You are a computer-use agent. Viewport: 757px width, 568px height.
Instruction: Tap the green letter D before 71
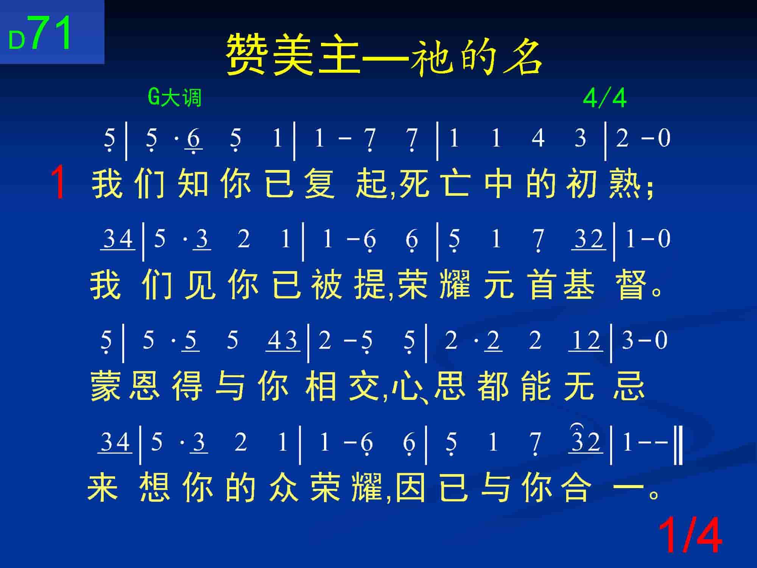[17, 40]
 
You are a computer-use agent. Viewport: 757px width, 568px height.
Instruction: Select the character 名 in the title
[523, 54]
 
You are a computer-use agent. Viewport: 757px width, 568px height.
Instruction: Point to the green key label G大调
[174, 98]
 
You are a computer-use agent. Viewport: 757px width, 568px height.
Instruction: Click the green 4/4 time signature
[605, 98]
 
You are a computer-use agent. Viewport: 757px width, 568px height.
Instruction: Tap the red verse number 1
[59, 183]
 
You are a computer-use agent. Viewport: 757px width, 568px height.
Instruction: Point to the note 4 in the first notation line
[538, 137]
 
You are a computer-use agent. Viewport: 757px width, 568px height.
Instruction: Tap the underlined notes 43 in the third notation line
[283, 340]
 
